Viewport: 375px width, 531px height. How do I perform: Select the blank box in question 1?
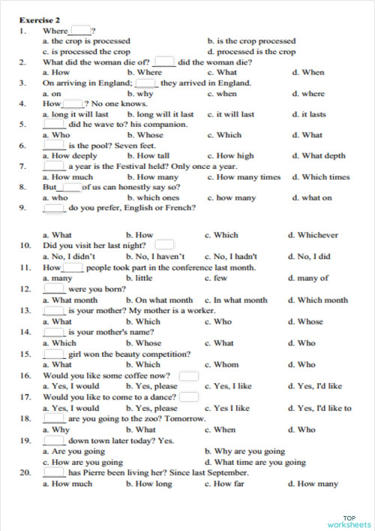(79, 31)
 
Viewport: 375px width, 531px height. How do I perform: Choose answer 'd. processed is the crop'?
(255, 52)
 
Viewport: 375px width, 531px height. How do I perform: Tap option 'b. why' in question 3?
(140, 94)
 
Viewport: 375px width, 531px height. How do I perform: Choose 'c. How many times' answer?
(244, 177)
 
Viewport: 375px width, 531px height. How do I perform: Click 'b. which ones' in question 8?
(153, 198)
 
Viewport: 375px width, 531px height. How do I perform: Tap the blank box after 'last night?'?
(164, 245)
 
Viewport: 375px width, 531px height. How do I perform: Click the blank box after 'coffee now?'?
(189, 376)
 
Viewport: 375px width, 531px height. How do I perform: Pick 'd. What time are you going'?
(255, 463)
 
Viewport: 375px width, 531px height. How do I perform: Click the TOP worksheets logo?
(349, 521)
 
